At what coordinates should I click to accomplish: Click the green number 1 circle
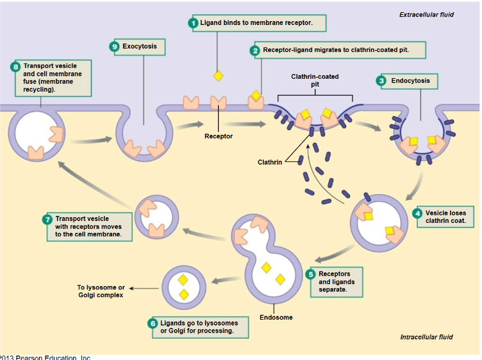click(192, 23)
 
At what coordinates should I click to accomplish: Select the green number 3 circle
click(381, 81)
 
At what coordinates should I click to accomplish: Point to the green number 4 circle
click(418, 213)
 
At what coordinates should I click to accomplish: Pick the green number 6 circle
click(153, 323)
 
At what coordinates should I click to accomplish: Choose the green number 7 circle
click(47, 219)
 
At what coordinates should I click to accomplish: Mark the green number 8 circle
click(15, 67)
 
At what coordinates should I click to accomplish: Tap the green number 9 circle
click(115, 47)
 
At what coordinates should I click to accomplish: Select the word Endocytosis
click(410, 81)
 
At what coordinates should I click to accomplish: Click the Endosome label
click(276, 317)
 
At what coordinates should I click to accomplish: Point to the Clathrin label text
click(270, 162)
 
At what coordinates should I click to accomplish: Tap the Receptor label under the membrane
click(219, 136)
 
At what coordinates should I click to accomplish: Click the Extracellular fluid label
click(426, 15)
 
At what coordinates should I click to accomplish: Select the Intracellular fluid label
click(426, 337)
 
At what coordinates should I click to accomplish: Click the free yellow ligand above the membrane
click(218, 76)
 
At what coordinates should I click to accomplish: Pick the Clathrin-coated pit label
click(315, 80)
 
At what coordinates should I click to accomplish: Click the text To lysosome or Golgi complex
click(101, 291)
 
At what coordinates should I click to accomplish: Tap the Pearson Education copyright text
click(45, 357)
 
